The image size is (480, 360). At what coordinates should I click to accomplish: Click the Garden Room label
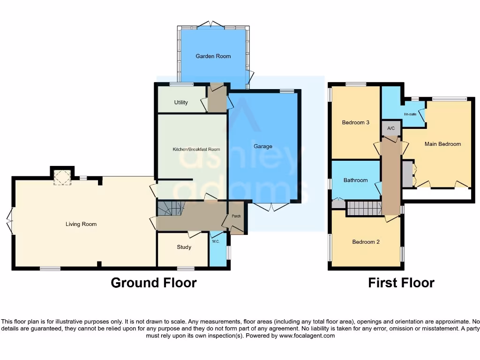(x=213, y=56)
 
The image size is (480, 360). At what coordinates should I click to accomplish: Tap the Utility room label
(x=181, y=102)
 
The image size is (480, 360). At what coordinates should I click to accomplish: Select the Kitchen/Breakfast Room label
(x=196, y=150)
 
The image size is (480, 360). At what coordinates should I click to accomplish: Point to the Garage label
(x=263, y=146)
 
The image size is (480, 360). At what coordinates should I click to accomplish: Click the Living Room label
(x=81, y=224)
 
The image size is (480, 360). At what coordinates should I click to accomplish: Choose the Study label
(x=184, y=247)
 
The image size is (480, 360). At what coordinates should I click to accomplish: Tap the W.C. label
(x=216, y=242)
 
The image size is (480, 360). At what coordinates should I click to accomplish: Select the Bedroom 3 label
(x=356, y=123)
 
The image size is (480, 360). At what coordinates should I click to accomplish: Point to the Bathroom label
(x=355, y=180)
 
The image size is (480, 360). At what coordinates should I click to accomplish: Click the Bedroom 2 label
(x=366, y=242)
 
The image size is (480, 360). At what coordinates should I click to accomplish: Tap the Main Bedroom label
(x=442, y=144)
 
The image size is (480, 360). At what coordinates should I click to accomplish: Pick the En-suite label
(x=410, y=114)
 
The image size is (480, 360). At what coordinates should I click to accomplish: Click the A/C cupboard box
(x=390, y=128)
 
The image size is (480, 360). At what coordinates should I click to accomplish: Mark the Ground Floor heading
(x=153, y=283)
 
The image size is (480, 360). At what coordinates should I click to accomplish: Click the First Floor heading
(x=401, y=283)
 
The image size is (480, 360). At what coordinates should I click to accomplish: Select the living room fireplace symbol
(x=62, y=178)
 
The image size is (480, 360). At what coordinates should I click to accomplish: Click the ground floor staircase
(x=170, y=208)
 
